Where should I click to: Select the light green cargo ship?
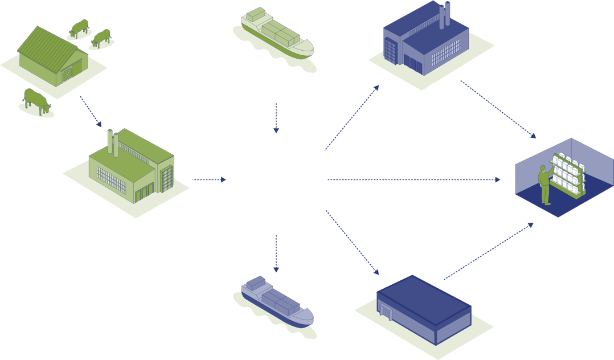(275, 36)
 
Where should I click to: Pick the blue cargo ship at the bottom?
(275, 300)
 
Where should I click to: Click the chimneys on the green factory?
(113, 142)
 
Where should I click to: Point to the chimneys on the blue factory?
(444, 14)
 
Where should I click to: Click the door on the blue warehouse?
(387, 312)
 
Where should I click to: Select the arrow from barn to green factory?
(91, 111)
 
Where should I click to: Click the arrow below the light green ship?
(276, 118)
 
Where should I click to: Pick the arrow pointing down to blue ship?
(276, 253)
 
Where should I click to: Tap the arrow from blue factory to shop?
(498, 109)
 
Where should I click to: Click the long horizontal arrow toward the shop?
(414, 179)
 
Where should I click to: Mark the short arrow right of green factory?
(209, 179)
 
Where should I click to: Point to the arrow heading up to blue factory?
(351, 118)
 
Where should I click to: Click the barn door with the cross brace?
(67, 73)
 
